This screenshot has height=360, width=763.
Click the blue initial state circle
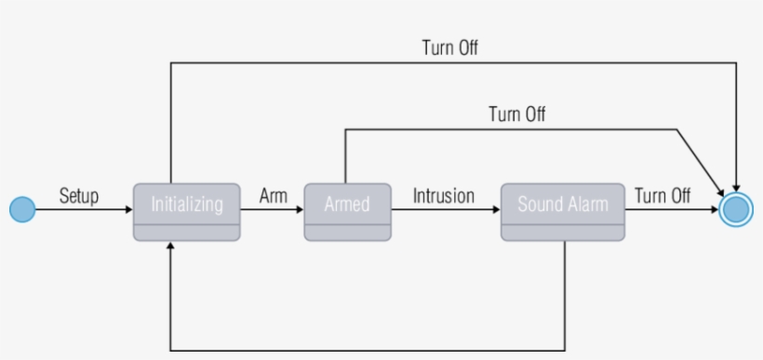22,210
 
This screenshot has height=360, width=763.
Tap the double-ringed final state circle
736,210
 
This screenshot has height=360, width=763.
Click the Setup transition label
79,195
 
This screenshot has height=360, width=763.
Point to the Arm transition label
273,195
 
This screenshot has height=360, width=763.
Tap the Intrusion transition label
444,195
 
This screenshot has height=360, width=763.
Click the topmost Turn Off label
450,48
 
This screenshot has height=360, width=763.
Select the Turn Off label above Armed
517,114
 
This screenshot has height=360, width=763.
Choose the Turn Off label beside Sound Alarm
663,195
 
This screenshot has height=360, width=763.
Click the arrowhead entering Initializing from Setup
129,210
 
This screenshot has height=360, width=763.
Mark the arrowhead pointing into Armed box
300,210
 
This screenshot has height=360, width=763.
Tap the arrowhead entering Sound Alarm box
496,210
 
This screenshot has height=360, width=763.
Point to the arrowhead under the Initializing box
171,247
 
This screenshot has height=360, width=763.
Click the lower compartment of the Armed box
347,233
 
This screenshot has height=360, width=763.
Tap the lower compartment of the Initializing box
187,233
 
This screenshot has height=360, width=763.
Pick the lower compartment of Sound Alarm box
563,233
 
